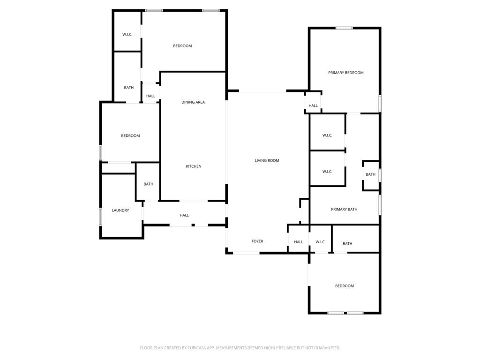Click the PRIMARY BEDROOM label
pyautogui.click(x=345, y=73)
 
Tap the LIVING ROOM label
pyautogui.click(x=267, y=161)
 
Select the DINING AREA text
pyautogui.click(x=193, y=102)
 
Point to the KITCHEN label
pyautogui.click(x=194, y=166)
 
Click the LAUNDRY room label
pyautogui.click(x=120, y=210)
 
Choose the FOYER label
pyautogui.click(x=257, y=241)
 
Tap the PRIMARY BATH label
pyautogui.click(x=344, y=210)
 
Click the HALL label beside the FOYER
pyautogui.click(x=299, y=242)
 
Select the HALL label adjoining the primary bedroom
pyautogui.click(x=313, y=106)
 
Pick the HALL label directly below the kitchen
pyautogui.click(x=184, y=216)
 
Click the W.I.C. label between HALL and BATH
pyautogui.click(x=321, y=242)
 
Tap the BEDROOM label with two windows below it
pyautogui.click(x=344, y=286)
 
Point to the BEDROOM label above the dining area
pyautogui.click(x=182, y=46)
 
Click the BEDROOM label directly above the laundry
pyautogui.click(x=130, y=136)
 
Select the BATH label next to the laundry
pyautogui.click(x=149, y=184)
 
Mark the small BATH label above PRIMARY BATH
pyautogui.click(x=370, y=174)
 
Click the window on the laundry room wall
pyautogui.click(x=100, y=217)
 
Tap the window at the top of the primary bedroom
pyautogui.click(x=344, y=28)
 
